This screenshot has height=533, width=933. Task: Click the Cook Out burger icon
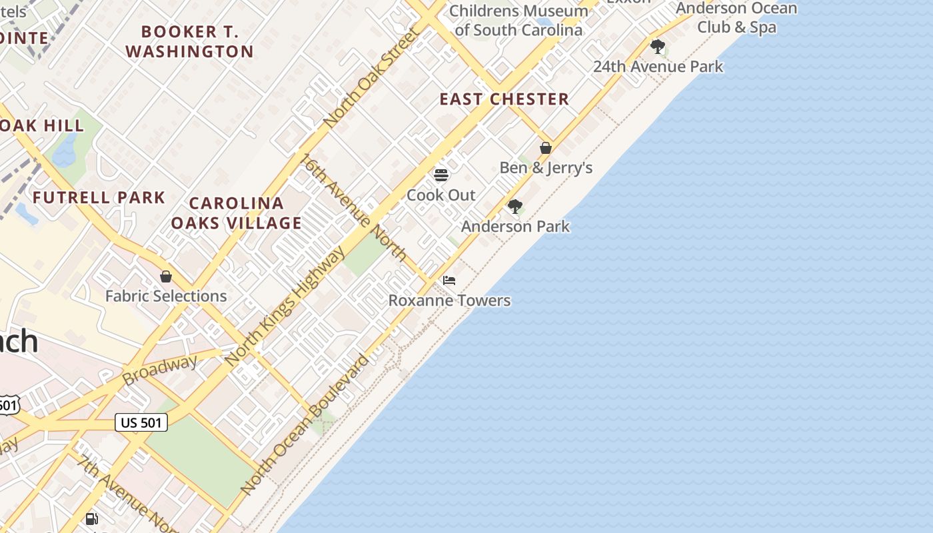pos(441,175)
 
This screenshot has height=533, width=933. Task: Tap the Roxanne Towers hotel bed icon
pos(449,280)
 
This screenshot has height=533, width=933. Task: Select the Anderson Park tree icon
pos(514,207)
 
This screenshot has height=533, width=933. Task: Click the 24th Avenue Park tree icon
pos(658,47)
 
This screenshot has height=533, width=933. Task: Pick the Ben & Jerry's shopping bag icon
pos(546,148)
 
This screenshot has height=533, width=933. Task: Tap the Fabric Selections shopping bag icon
pos(166,276)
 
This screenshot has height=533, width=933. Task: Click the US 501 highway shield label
pos(141,422)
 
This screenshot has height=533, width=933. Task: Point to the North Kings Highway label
pos(285,306)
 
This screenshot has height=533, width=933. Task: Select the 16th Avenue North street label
pos(354,207)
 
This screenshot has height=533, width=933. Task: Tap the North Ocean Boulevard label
pos(304,425)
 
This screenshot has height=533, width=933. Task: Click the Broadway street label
pos(160,370)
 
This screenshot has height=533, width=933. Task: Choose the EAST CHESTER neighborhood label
pos(504,99)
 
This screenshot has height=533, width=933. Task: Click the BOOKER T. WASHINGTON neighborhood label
pos(189,41)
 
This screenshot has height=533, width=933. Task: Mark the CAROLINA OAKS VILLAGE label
pos(236,213)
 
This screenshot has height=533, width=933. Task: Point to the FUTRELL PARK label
pos(99,197)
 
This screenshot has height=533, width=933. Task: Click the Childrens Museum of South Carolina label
pos(518,20)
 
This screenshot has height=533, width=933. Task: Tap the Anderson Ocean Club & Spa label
pos(736,18)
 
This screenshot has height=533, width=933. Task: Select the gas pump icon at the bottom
pos(92,518)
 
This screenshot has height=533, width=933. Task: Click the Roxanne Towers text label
pos(449,300)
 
